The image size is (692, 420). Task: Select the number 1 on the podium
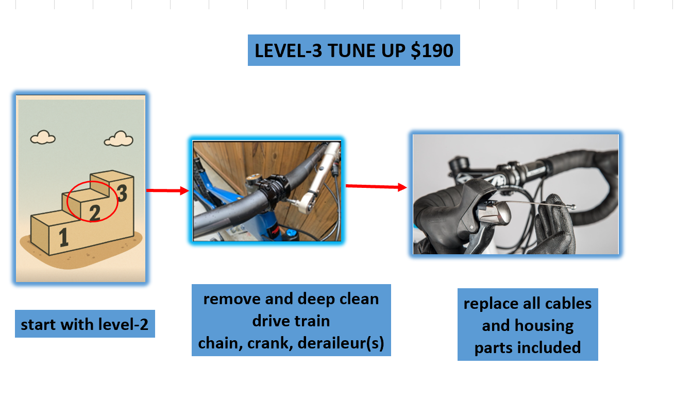63,238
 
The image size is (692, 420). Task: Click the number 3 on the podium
122,194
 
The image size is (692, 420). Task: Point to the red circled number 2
94,212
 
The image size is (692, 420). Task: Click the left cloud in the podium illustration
43,137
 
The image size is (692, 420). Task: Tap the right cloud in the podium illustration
119,139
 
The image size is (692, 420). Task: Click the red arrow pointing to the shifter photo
376,187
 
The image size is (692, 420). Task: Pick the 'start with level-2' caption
85,324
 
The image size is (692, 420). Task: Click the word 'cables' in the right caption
567,303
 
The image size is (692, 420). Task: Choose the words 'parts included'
527,347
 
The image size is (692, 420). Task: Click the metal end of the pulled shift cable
572,207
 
